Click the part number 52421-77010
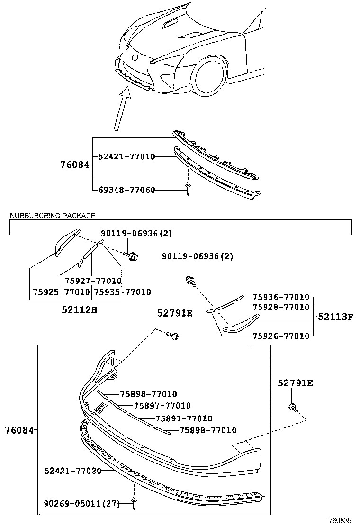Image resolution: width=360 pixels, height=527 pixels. point(126,156)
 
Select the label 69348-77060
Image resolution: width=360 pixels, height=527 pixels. point(126,190)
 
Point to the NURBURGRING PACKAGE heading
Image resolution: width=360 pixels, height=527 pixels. point(53,216)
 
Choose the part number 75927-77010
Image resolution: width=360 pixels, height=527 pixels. point(93,281)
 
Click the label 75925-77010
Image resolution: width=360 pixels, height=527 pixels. point(61,292)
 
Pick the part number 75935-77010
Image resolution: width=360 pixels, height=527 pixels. point(122,292)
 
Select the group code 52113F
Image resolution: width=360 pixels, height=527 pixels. point(335,317)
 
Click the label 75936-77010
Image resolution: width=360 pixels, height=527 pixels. point(280,297)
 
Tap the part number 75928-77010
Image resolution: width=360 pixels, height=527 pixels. point(280,307)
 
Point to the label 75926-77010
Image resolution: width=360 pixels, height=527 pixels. point(280,336)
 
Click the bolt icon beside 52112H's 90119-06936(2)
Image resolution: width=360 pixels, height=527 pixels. point(132,256)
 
